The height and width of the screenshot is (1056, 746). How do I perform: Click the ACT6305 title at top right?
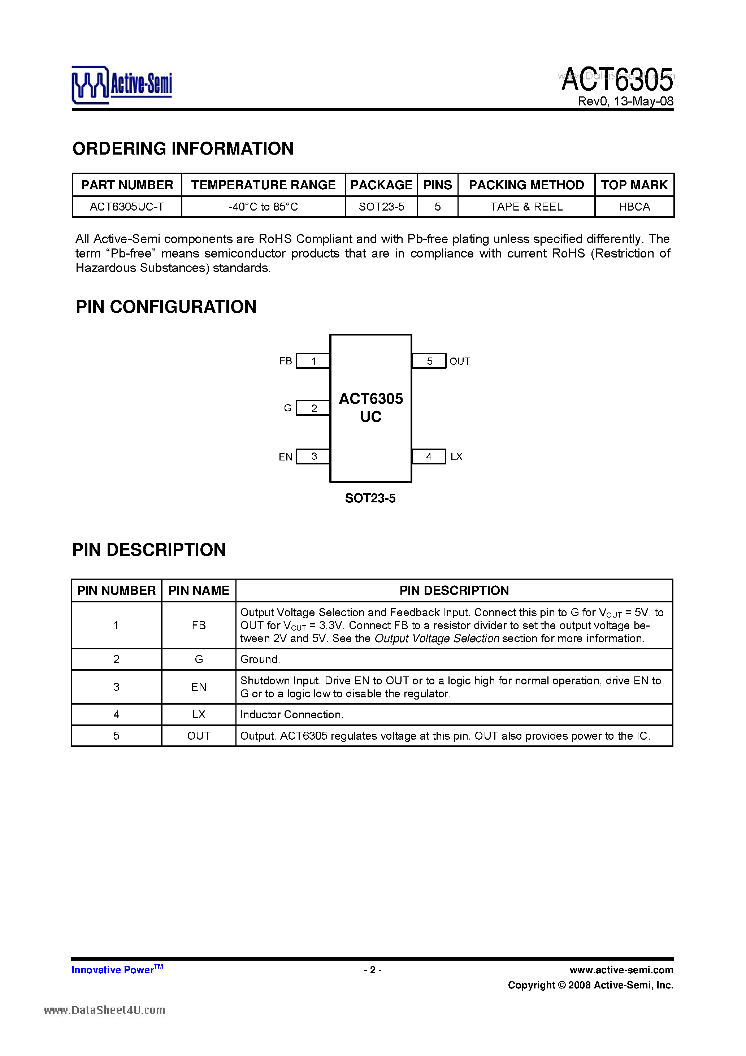point(617,79)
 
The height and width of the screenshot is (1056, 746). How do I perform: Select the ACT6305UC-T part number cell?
point(127,207)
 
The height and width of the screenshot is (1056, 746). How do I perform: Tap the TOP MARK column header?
point(634,185)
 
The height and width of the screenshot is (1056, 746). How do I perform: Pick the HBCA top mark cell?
point(634,207)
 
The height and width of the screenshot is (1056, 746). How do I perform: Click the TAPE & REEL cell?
point(526,207)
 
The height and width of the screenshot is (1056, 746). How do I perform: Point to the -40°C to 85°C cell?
point(263,207)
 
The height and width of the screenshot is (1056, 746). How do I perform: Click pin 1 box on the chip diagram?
point(313,361)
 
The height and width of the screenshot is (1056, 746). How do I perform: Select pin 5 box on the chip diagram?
point(429,361)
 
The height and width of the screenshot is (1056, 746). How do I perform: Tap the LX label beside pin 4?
point(456,457)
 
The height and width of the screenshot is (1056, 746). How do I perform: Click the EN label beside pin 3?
point(286,457)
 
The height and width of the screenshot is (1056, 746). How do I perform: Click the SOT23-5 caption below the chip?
point(370,498)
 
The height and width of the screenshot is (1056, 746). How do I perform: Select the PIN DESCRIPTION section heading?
point(149,550)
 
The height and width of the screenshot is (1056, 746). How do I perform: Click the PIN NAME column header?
point(199,590)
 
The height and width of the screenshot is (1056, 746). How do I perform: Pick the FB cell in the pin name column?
point(199,626)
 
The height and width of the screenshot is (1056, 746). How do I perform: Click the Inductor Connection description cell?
point(292,715)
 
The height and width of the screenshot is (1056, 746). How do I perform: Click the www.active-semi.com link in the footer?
point(621,970)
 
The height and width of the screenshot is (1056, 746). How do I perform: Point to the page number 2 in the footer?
point(373,970)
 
